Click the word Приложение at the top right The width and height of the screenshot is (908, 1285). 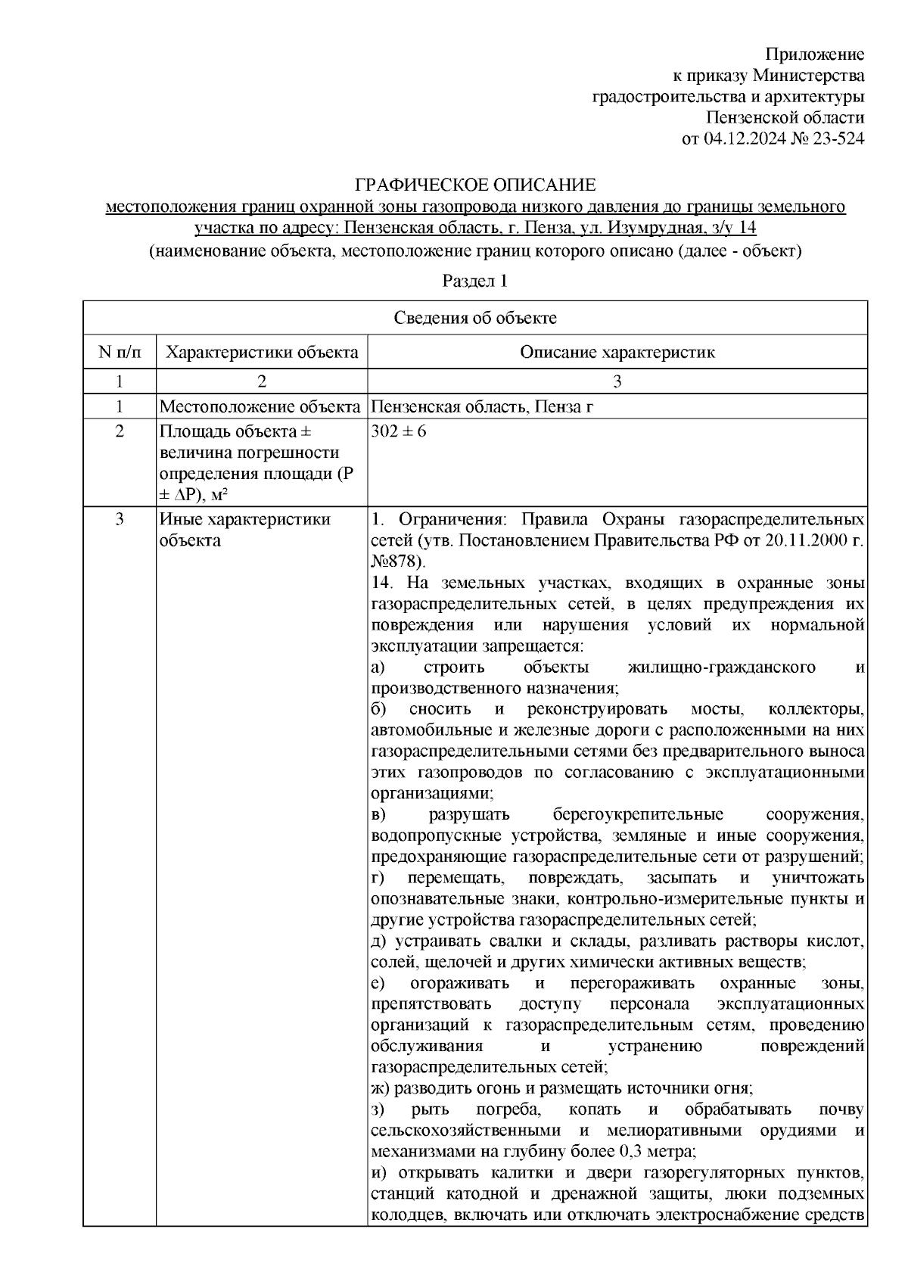tap(815, 54)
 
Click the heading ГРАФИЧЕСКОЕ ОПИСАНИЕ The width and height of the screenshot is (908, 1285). tap(476, 185)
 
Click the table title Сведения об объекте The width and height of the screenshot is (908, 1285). tap(475, 318)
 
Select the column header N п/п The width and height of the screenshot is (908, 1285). tap(120, 353)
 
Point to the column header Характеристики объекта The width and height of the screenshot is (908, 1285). tap(262, 353)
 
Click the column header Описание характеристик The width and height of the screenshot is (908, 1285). tap(617, 353)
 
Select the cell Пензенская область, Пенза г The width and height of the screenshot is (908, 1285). tap(482, 407)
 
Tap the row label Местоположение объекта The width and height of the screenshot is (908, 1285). tap(260, 407)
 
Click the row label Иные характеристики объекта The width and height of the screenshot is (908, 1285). tap(244, 530)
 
